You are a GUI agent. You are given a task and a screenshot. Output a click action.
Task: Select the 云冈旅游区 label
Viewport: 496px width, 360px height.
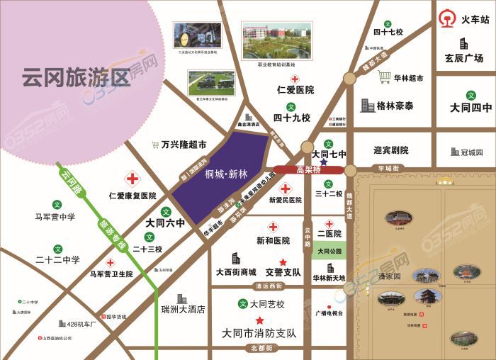click(x=76, y=76)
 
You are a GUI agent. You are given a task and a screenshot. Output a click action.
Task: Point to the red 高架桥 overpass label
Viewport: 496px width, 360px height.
click(x=309, y=169)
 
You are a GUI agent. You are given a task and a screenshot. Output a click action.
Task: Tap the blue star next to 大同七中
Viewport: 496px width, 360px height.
click(x=323, y=162)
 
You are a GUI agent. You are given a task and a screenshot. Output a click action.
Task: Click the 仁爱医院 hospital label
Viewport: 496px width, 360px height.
click(x=295, y=90)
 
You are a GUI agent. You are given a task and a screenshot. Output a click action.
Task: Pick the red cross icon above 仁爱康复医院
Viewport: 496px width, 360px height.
click(x=132, y=178)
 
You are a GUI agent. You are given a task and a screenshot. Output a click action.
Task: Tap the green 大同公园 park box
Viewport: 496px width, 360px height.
click(x=329, y=251)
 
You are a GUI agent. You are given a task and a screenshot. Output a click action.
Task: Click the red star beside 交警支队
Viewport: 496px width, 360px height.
click(x=283, y=261)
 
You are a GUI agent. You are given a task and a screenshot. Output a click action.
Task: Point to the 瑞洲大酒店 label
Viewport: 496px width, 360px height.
click(x=183, y=309)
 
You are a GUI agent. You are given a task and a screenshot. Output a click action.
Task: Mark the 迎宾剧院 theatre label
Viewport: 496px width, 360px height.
click(x=391, y=150)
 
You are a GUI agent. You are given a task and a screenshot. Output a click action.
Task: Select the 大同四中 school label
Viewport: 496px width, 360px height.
click(x=470, y=108)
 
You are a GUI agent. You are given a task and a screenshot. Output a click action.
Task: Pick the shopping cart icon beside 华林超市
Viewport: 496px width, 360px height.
click(x=385, y=77)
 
